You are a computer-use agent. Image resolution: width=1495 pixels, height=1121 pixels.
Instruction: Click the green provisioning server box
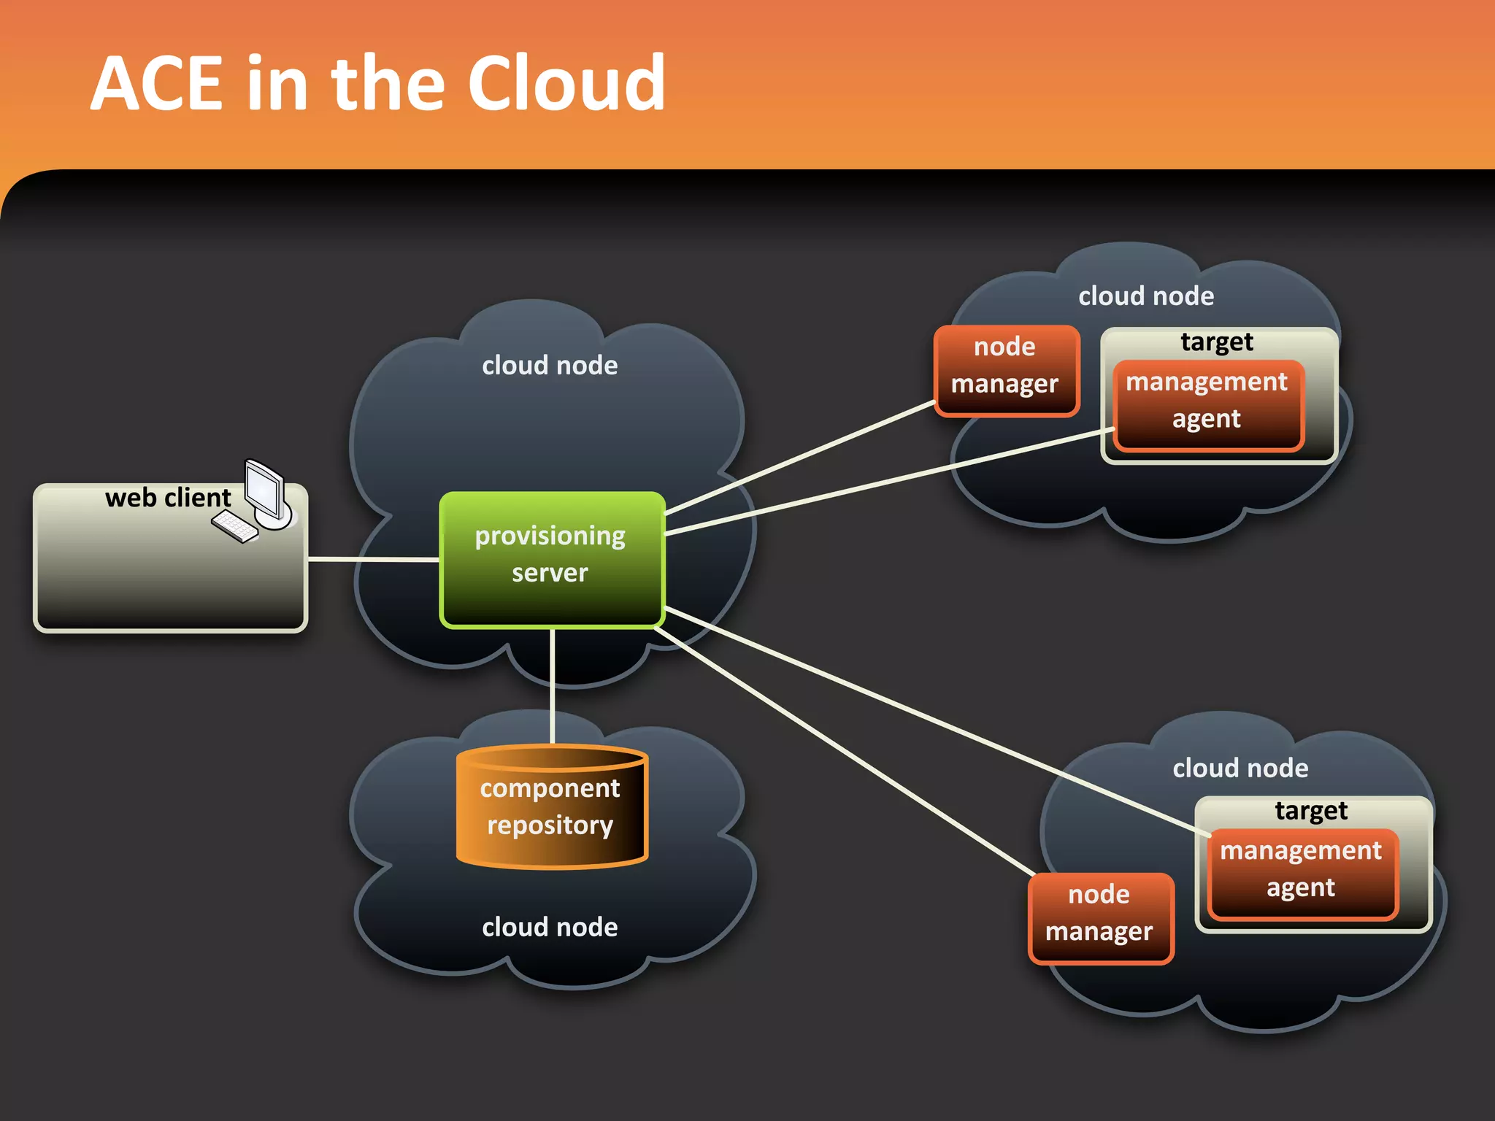tap(552, 559)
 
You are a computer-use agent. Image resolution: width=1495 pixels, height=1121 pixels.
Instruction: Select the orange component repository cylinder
tap(552, 807)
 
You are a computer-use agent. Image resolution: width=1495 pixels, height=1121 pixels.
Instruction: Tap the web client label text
tap(167, 498)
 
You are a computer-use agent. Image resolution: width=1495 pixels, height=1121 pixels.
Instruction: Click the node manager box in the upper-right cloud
tap(1006, 371)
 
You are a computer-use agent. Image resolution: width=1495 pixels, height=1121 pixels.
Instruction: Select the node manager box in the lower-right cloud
tap(1100, 918)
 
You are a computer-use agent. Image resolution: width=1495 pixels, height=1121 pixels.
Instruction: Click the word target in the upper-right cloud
tap(1217, 342)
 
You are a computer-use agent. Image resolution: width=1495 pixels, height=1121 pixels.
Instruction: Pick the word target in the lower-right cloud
tap(1311, 811)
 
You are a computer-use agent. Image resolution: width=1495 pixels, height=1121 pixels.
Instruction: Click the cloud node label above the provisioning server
tap(550, 365)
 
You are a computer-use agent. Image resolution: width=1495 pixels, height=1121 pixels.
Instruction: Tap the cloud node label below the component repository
tap(550, 927)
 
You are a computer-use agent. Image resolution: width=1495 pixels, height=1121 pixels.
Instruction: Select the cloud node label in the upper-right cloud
tap(1146, 296)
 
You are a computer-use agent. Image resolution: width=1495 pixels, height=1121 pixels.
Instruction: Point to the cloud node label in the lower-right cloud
tap(1240, 768)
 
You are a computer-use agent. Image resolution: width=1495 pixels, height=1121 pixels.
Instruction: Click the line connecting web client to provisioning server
tap(372, 559)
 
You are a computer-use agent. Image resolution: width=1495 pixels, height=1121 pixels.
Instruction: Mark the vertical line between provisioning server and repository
tap(553, 686)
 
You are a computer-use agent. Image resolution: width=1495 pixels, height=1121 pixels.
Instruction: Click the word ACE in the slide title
tap(158, 84)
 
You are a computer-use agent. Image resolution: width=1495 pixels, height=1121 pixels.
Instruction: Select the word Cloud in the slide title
tap(566, 84)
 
